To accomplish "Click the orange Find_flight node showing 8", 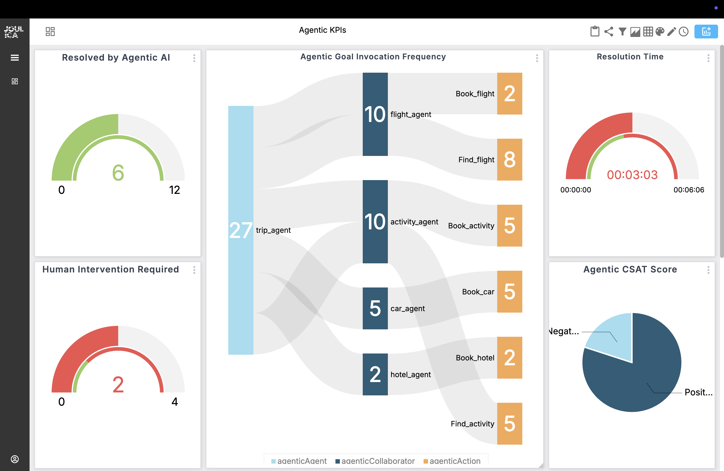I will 510,159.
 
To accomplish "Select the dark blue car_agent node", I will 375,308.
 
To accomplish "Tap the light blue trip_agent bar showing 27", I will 241,230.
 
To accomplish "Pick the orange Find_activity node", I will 510,423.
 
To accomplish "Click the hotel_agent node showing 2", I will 375,374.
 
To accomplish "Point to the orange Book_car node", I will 510,291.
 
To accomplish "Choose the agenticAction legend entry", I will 452,461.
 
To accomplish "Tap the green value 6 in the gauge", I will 118,172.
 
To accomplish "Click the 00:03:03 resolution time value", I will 632,175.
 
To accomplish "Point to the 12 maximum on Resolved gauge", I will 175,190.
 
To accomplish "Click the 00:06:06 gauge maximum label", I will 689,190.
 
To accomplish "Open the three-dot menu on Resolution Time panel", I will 708,58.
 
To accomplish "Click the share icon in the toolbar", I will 609,32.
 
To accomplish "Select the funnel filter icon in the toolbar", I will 622,32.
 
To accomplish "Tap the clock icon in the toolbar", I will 684,32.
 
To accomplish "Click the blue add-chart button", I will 706,32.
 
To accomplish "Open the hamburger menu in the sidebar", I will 15,57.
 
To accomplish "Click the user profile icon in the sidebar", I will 15,459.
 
